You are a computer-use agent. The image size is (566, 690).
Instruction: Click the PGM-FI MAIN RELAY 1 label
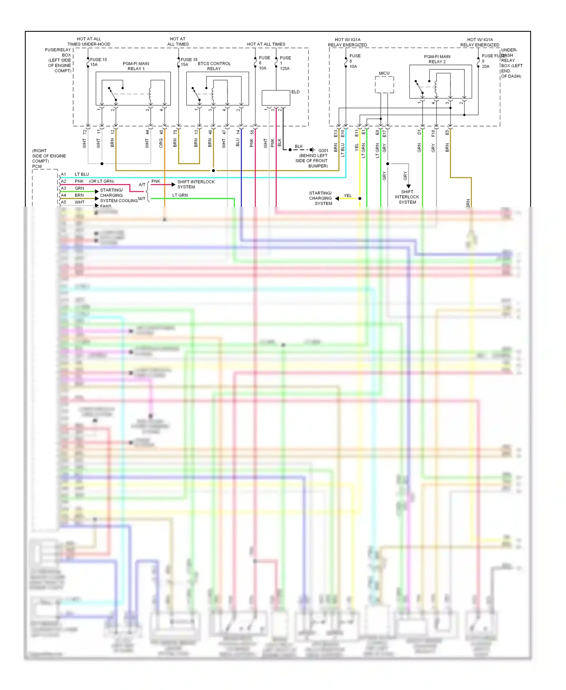[136, 66]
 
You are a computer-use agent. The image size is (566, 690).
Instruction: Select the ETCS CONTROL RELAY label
[214, 66]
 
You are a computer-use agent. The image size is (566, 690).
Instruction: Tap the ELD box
[276, 98]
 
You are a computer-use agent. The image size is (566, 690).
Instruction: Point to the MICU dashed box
[384, 85]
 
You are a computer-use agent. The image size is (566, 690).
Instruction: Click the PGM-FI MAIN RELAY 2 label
[437, 59]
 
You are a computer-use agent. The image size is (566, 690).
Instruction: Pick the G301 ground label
[323, 150]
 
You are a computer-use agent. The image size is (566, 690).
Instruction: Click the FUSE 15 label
[98, 60]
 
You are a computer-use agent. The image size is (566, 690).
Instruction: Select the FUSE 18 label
[189, 60]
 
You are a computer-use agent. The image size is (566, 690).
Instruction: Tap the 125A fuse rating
[285, 69]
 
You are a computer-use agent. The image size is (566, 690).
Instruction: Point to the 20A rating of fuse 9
[486, 66]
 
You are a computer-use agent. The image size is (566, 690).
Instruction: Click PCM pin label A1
[63, 174]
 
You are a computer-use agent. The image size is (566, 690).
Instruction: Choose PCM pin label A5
[63, 202]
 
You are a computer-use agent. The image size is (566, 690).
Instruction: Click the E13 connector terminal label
[335, 133]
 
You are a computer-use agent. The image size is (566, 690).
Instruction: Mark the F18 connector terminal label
[433, 133]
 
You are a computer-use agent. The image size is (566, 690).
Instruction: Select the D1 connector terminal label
[419, 132]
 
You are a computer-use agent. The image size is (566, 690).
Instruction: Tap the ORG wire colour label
[161, 143]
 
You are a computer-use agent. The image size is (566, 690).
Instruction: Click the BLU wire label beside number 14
[238, 142]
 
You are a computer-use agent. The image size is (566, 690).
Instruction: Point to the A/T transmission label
[142, 185]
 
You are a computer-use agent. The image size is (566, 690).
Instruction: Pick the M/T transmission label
[141, 199]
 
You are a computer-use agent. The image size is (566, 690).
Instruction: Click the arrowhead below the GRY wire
[408, 186]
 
